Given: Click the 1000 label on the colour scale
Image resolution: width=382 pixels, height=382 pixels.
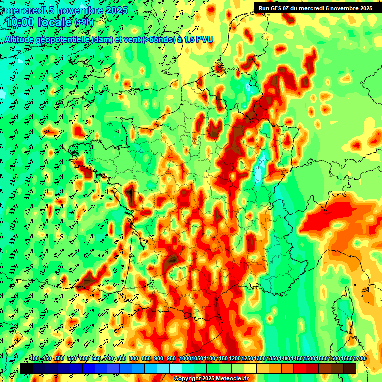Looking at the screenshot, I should [185, 359].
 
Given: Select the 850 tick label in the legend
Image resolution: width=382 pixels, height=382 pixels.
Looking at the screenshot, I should [146, 359].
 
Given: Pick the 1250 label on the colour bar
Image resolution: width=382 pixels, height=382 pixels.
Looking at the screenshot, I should [247, 359].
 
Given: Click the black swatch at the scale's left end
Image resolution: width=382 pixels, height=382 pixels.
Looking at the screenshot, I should [26, 368].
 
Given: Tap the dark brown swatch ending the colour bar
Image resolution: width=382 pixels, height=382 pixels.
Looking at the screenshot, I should [350, 368].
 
